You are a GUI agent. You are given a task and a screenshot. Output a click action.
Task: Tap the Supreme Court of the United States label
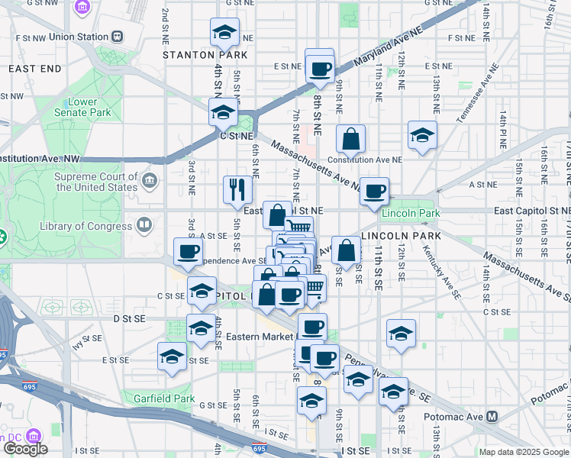[96, 182]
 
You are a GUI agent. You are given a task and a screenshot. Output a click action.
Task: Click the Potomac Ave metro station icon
[492, 417]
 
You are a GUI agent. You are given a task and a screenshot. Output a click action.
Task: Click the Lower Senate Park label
[82, 107]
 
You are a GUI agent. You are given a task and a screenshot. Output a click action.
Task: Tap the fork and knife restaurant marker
[237, 189]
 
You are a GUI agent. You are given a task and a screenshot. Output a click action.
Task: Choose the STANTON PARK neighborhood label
[205, 55]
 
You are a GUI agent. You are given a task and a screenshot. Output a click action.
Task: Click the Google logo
[24, 449]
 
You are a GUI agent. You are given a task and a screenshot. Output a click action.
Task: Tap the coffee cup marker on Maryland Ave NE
[320, 69]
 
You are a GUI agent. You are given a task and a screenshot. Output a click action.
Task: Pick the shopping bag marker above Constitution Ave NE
[350, 139]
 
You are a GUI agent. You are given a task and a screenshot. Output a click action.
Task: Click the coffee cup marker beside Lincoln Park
[374, 192]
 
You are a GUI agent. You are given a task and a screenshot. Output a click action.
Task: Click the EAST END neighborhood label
[34, 69]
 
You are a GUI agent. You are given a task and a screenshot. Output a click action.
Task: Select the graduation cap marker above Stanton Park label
[224, 33]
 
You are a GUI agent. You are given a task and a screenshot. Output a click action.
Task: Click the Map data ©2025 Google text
[523, 452]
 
